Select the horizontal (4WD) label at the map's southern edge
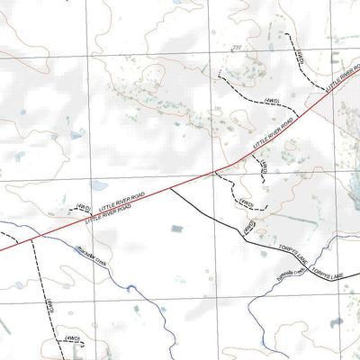click(x=73, y=338)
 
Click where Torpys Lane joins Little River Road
click(x=170, y=188)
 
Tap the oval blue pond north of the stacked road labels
click(x=76, y=136)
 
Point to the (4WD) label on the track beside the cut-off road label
click(x=300, y=56)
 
